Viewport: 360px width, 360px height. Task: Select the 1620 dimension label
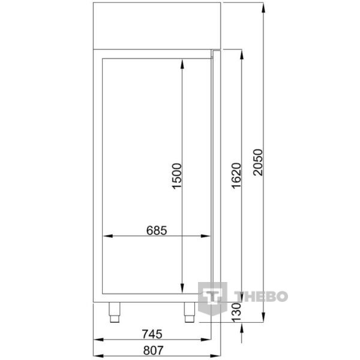click(x=235, y=175)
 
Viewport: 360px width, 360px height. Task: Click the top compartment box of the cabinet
click(x=157, y=25)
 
